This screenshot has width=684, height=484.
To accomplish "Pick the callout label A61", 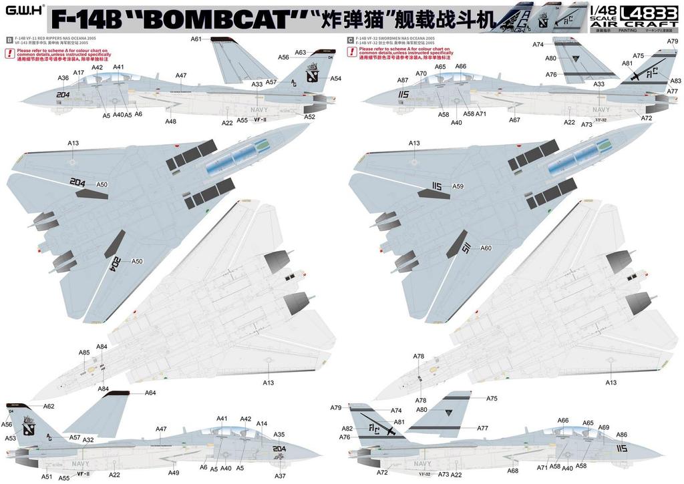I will tap(196, 39).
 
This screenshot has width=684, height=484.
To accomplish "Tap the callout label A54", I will tap(335, 79).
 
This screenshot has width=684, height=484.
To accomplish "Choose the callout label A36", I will tap(63, 78).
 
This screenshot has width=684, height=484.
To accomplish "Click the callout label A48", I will tap(171, 122).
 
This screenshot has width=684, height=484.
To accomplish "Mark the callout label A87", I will tap(403, 80).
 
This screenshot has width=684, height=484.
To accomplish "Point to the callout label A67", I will tap(514, 120).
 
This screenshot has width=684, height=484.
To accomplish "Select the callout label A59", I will tap(458, 186).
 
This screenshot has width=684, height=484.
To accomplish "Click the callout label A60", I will tap(486, 248).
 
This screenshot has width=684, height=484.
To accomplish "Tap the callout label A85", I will tap(84, 352).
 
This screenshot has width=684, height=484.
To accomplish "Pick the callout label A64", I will tap(150, 393).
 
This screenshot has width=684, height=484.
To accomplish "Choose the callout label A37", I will tap(280, 475).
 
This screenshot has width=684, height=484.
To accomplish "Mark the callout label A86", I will tap(621, 435).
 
